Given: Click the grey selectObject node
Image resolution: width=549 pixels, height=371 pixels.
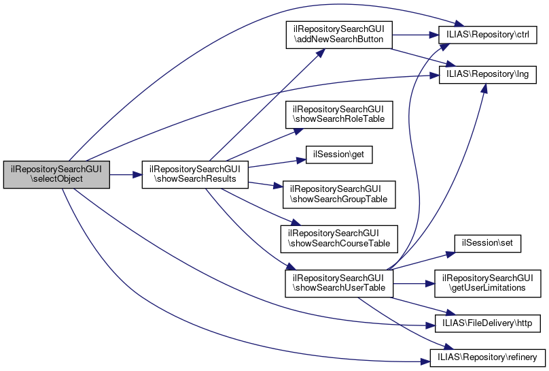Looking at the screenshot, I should [x=56, y=174].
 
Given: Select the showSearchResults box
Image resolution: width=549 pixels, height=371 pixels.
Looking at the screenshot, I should [x=194, y=174].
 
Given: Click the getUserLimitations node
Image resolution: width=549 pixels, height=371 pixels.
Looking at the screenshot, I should [x=488, y=283].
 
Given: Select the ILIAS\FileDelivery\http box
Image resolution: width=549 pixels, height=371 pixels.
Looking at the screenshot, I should [x=488, y=320].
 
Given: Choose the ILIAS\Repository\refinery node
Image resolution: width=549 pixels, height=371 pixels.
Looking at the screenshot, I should [x=488, y=357].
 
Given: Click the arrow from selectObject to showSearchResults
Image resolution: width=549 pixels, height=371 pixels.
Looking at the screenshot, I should [x=125, y=175].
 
